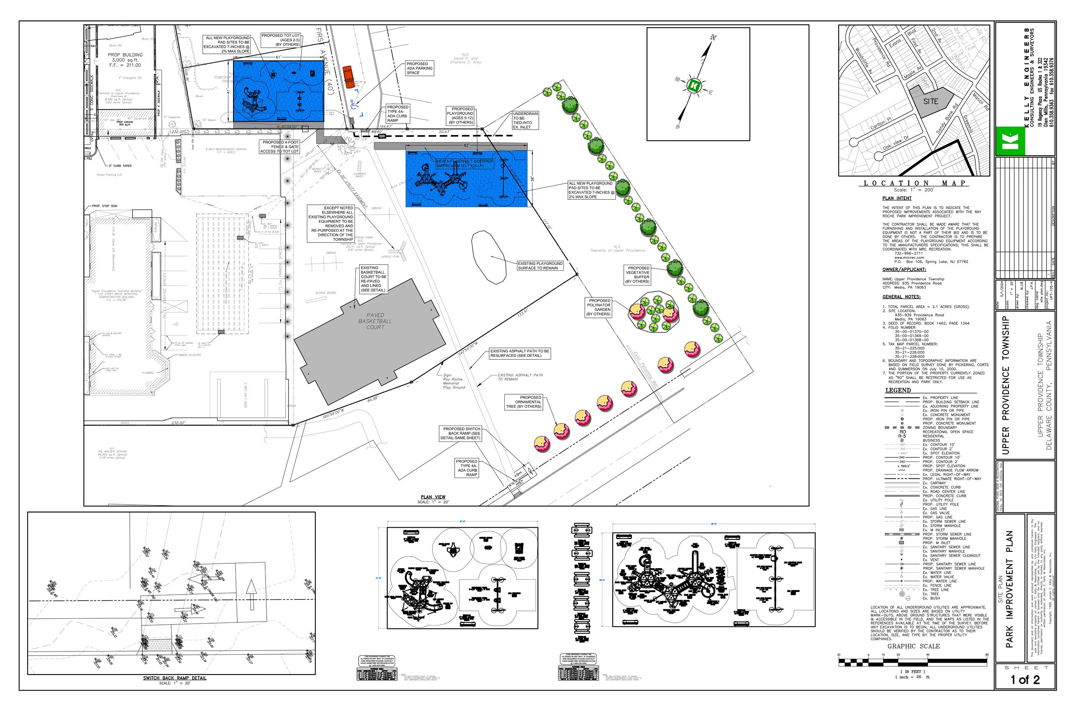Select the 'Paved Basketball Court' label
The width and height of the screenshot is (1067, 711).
point(375,320)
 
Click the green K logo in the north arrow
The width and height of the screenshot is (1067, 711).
point(693,85)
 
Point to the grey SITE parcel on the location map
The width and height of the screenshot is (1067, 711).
point(930,101)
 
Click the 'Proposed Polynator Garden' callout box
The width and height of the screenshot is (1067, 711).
point(599,307)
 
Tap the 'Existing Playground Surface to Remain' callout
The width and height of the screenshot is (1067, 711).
point(540,266)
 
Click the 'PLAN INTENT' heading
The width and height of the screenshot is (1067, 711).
point(897,198)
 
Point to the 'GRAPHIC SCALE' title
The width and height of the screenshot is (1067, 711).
point(913,646)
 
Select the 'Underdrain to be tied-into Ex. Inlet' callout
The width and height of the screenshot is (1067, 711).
point(525,120)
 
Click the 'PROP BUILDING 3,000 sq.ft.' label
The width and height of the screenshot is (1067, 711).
point(125,60)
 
